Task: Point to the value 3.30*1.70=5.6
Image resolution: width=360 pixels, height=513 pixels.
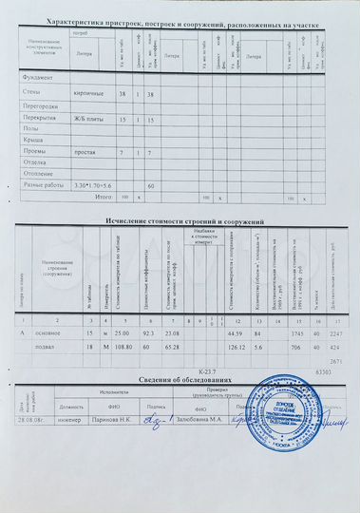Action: tap(92, 184)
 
